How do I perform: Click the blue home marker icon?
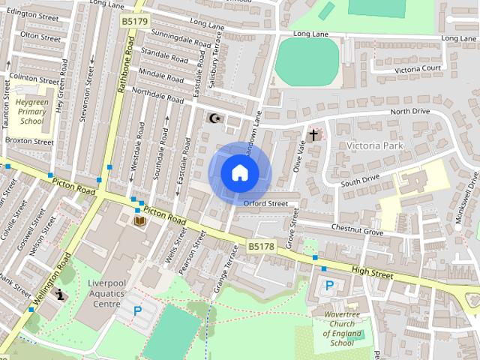coord(239,173)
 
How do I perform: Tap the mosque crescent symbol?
coord(215,118)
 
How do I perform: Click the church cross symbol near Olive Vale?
coord(314,135)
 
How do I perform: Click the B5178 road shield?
coord(261,246)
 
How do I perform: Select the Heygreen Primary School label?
coord(32,110)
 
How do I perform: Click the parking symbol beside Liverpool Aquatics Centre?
coord(137,310)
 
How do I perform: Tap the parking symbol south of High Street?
coord(329,285)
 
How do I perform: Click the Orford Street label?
coord(265,203)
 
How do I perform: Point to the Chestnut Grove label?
coord(357,232)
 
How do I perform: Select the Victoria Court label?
coord(418,69)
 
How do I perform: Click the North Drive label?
coord(410,112)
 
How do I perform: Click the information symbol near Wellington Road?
coord(59,295)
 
